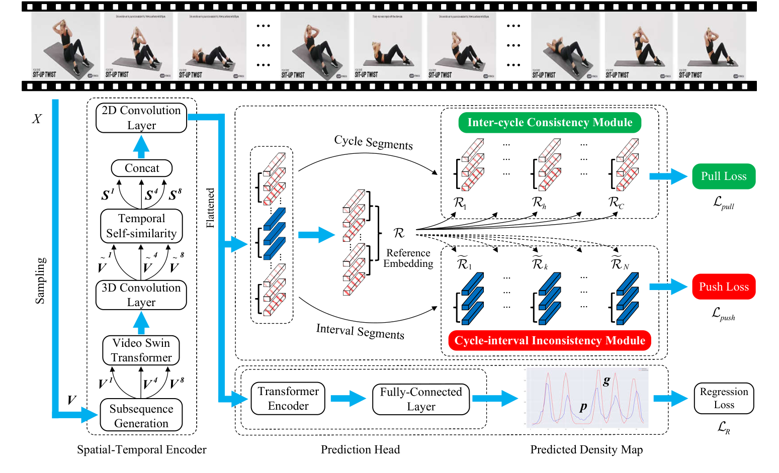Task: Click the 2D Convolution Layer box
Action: [x=141, y=118]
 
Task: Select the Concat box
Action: [x=141, y=168]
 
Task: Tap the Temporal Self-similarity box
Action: [x=141, y=226]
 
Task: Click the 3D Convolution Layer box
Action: [x=141, y=295]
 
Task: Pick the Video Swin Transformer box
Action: [x=141, y=350]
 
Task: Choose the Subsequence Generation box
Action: [x=141, y=415]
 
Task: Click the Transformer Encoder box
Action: [x=288, y=398]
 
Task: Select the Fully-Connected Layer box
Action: [x=421, y=399]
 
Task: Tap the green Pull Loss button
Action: [x=724, y=176]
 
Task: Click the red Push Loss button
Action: [x=724, y=287]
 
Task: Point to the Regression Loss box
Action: [x=724, y=398]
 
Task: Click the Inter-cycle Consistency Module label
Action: [x=550, y=123]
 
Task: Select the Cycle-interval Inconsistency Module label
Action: [x=550, y=340]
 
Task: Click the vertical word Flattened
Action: [x=210, y=208]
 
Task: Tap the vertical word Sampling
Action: [x=40, y=280]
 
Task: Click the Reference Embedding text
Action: [x=408, y=258]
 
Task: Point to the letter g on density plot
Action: [x=607, y=381]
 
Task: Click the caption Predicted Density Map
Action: [x=586, y=449]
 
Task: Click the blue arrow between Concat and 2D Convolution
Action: [x=141, y=147]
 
